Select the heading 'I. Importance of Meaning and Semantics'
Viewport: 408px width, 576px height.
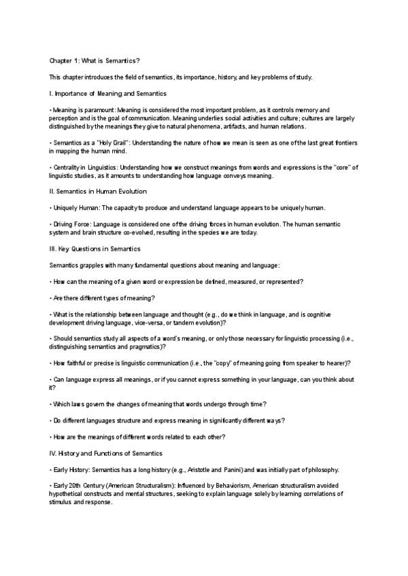(108, 93)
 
